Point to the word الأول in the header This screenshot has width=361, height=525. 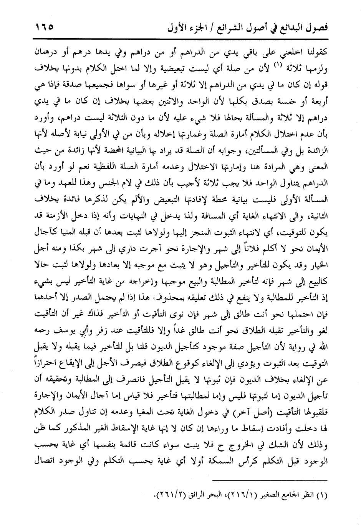(173, 27)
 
